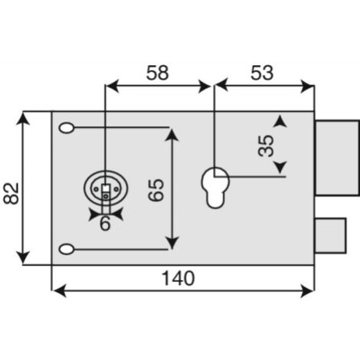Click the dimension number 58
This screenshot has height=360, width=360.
coord(157,73)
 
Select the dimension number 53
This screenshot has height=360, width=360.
coord(262,73)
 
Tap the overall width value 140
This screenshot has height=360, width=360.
coord(178,278)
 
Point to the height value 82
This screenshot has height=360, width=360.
coord(11,193)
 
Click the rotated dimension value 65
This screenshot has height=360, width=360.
coord(155,190)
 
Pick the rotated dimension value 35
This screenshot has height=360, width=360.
coord(266,146)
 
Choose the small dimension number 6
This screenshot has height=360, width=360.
coord(105,224)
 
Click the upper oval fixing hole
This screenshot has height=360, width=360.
coord(67,128)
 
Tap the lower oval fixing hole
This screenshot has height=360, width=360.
coord(67,249)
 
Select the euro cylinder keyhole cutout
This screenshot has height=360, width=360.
coord(215,188)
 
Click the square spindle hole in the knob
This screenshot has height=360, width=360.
coord(106,188)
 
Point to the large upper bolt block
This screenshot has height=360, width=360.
coord(337,158)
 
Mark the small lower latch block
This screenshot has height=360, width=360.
coord(330,235)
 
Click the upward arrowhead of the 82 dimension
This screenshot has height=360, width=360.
coord(23,119)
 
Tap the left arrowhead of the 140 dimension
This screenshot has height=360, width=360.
coord(60,290)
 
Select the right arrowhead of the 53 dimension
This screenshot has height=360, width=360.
coord(307,86)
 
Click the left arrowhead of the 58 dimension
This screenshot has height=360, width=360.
coord(113,86)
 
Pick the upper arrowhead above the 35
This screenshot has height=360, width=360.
coord(280,121)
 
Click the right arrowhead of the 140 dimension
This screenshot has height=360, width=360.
coord(307,290)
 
